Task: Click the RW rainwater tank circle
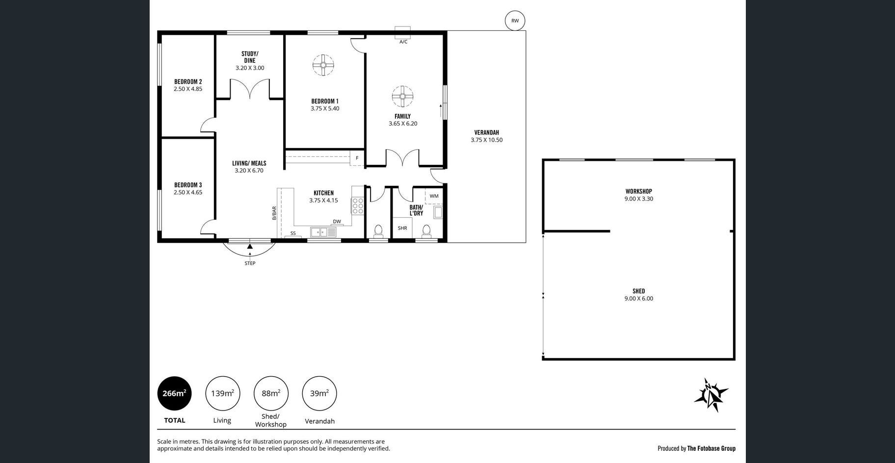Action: (515, 21)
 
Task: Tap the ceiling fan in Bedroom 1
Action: (323, 65)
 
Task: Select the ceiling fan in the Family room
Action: (402, 96)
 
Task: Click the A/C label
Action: (403, 42)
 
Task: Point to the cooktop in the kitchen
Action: (358, 206)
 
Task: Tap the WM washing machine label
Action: (434, 196)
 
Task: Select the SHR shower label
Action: (402, 228)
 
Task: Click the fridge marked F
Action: (357, 158)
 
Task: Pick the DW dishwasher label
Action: (337, 222)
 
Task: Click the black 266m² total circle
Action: (174, 393)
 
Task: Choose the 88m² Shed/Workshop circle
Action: (271, 393)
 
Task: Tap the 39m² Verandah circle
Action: (319, 393)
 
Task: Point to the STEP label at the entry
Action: (250, 263)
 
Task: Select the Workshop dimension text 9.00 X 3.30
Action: (639, 199)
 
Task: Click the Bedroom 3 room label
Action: (188, 185)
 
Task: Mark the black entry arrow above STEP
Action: (250, 247)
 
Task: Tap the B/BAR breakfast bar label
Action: (274, 213)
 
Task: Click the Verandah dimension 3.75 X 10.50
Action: (487, 140)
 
